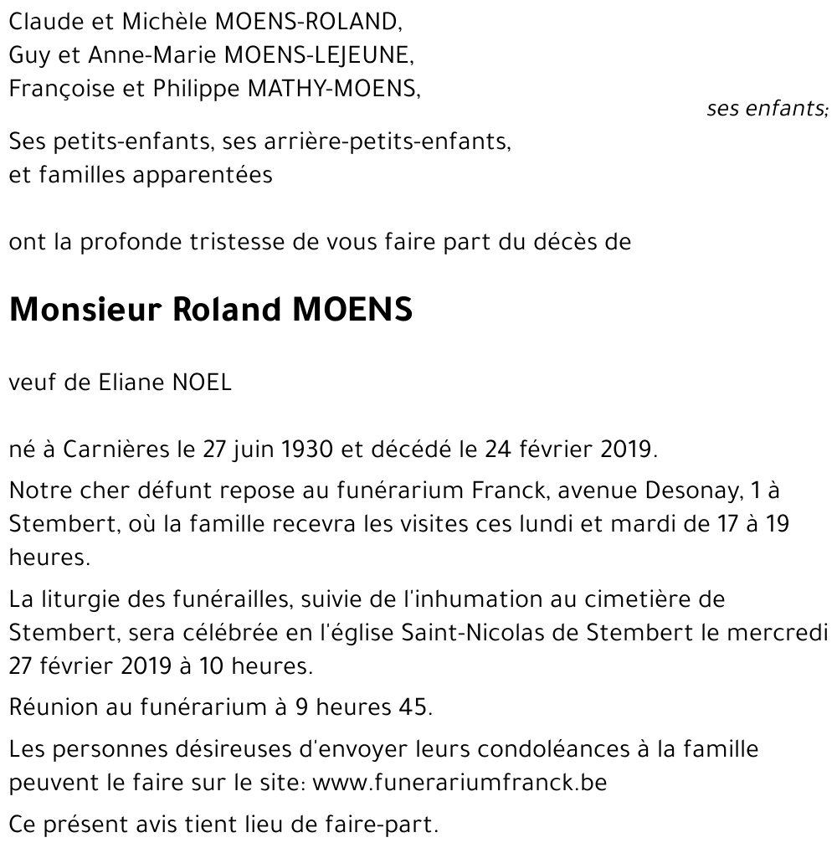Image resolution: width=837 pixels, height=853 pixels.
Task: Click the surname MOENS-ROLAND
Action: point(294,23)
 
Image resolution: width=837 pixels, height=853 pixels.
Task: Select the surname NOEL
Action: point(202,383)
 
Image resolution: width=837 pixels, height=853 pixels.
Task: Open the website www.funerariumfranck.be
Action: point(459,783)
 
